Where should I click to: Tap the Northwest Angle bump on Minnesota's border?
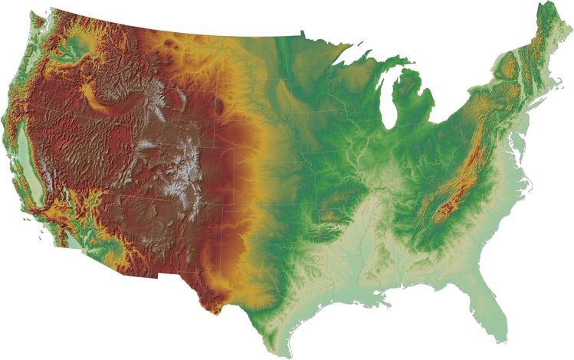coord(303,31)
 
